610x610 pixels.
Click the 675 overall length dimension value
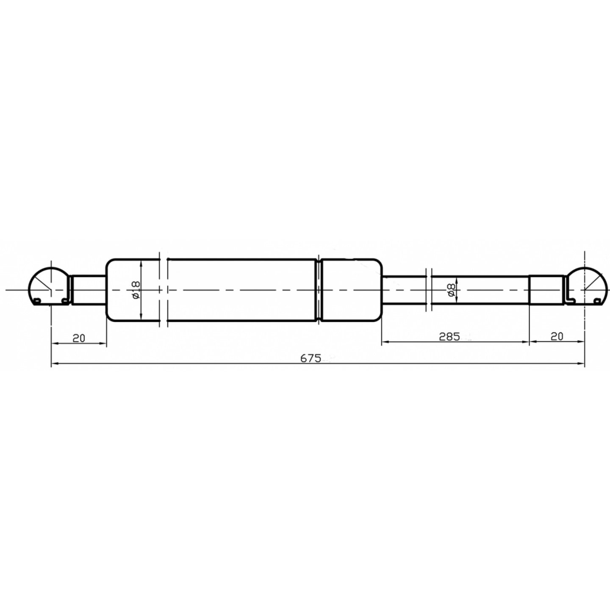pos(311,358)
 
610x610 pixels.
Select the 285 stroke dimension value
pos(449,336)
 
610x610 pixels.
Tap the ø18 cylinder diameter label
pos(136,290)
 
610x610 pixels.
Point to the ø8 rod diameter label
pos(452,290)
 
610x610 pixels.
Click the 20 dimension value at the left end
pos(79,338)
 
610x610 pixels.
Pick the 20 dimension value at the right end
pos(557,336)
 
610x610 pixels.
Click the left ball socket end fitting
pos(50,286)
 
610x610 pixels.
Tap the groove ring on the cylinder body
pos(319,290)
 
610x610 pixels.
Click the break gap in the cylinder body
pos(164,290)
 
